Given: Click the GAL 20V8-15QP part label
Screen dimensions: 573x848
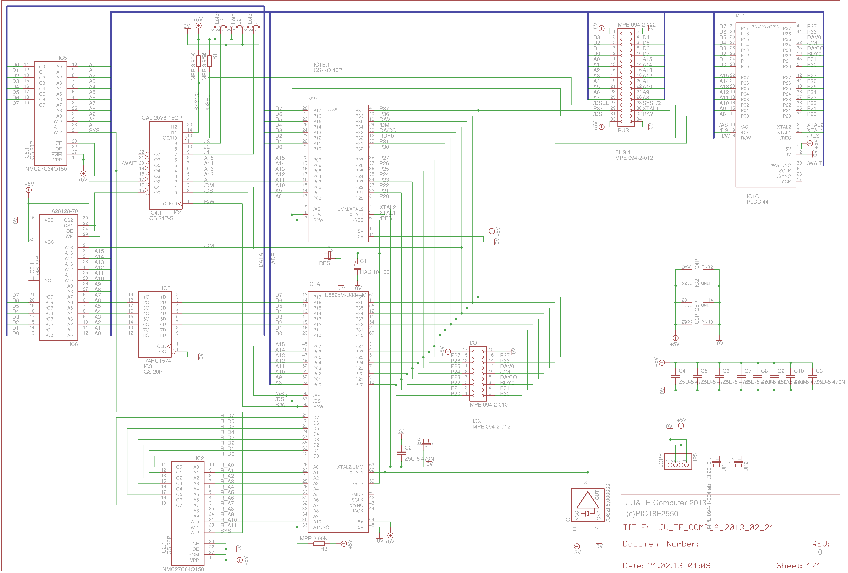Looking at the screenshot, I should (x=162, y=118).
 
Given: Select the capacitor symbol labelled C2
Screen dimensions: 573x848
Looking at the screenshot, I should (x=401, y=453).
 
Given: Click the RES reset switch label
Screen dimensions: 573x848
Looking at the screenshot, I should (x=324, y=263).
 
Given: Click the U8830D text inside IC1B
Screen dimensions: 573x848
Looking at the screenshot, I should (x=331, y=109).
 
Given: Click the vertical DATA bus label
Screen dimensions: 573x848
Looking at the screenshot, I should (x=260, y=260).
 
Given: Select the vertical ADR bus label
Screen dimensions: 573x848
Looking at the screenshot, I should (x=273, y=258).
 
